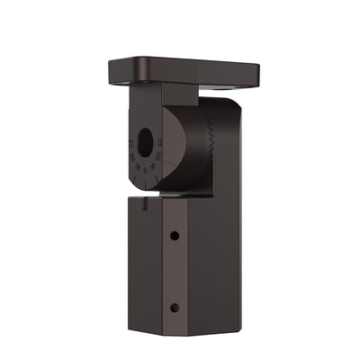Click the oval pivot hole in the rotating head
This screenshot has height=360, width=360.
click(145, 142)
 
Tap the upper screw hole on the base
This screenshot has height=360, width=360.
click(174, 235)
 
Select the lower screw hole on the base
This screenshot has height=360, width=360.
click(174, 307)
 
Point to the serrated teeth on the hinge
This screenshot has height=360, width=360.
click(210, 144)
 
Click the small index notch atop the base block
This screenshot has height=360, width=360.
click(144, 202)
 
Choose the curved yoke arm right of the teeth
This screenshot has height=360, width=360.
click(227, 148)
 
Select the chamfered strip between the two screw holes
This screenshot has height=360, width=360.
click(175, 270)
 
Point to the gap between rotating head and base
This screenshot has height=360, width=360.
click(180, 194)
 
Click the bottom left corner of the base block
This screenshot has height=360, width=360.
click(130, 329)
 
